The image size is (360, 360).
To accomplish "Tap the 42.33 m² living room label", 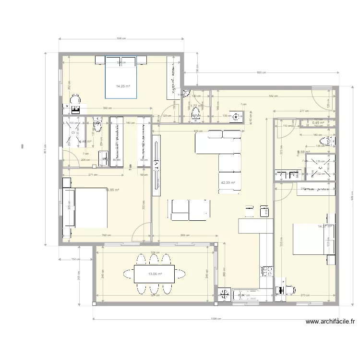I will click(228, 183).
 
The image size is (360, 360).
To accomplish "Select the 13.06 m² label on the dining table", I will click(155, 274).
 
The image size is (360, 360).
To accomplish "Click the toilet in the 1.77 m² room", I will click(196, 113).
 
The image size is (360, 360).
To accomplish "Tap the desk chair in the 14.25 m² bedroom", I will click(75, 100).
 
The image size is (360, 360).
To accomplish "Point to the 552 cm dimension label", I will click(274, 96).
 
